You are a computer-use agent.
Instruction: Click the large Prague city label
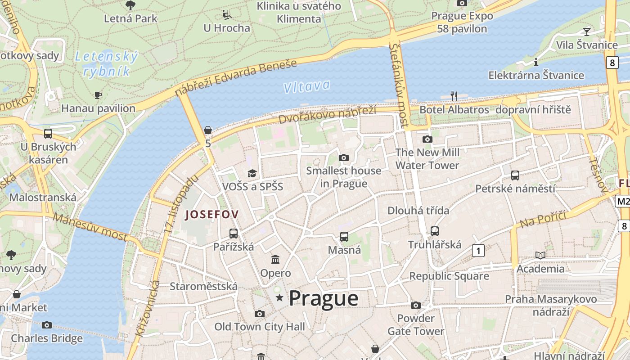click(323, 298)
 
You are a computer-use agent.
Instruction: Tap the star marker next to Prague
click(279, 297)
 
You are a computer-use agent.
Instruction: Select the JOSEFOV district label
click(211, 215)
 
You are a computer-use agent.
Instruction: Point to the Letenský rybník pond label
click(106, 63)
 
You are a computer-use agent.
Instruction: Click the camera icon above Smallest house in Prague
click(344, 157)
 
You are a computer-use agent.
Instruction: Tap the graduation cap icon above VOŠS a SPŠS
click(252, 173)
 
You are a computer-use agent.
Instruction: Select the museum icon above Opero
click(275, 259)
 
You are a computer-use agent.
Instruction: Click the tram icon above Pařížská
click(233, 233)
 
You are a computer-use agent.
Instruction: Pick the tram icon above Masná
click(344, 236)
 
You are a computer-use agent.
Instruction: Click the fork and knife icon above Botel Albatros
click(454, 96)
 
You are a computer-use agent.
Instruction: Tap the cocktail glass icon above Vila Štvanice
click(587, 31)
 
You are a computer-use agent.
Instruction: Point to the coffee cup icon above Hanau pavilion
click(98, 94)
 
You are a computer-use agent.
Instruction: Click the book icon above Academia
click(540, 255)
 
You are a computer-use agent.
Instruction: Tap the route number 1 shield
click(478, 251)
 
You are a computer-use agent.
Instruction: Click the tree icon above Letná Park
click(130, 5)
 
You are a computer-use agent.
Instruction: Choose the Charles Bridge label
click(47, 338)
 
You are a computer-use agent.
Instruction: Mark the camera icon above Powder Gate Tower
click(416, 305)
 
